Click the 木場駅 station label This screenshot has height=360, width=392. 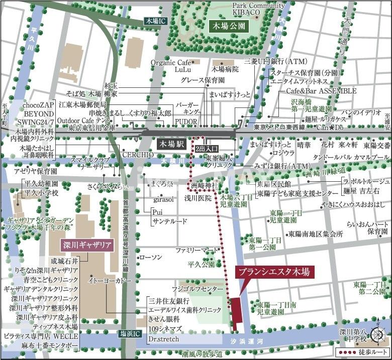tap(171, 144)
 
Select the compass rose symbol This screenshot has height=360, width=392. tap(377, 334)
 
